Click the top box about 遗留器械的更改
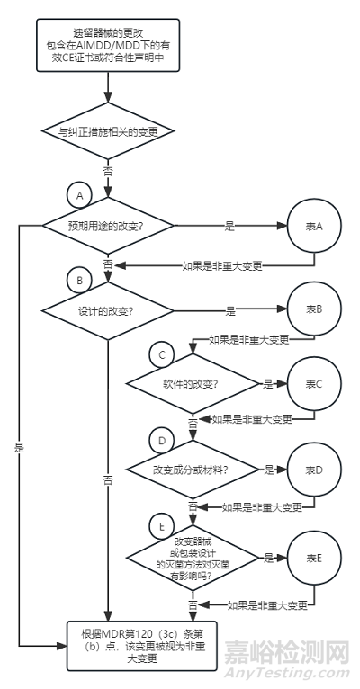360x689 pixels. [x=108, y=45]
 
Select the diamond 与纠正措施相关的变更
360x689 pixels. [x=108, y=131]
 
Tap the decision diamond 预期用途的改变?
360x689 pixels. [x=108, y=226]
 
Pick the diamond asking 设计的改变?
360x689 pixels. [x=108, y=310]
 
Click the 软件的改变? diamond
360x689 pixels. [x=193, y=383]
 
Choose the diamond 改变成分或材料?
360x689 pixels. [x=193, y=470]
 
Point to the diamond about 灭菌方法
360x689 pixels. [x=193, y=558]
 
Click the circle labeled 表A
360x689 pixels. [x=314, y=226]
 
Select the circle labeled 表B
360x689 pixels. [x=314, y=309]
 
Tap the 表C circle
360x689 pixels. [x=314, y=383]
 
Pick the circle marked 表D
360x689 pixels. [x=314, y=470]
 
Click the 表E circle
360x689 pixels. [x=314, y=558]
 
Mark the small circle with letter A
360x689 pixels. [x=79, y=196]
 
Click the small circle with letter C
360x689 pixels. [x=162, y=355]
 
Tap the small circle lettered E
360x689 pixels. [x=162, y=525]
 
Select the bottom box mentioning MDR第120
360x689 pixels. [x=141, y=645]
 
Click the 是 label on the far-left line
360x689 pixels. [x=19, y=448]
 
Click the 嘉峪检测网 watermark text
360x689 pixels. [x=287, y=652]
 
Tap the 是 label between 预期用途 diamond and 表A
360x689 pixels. [x=229, y=226]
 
